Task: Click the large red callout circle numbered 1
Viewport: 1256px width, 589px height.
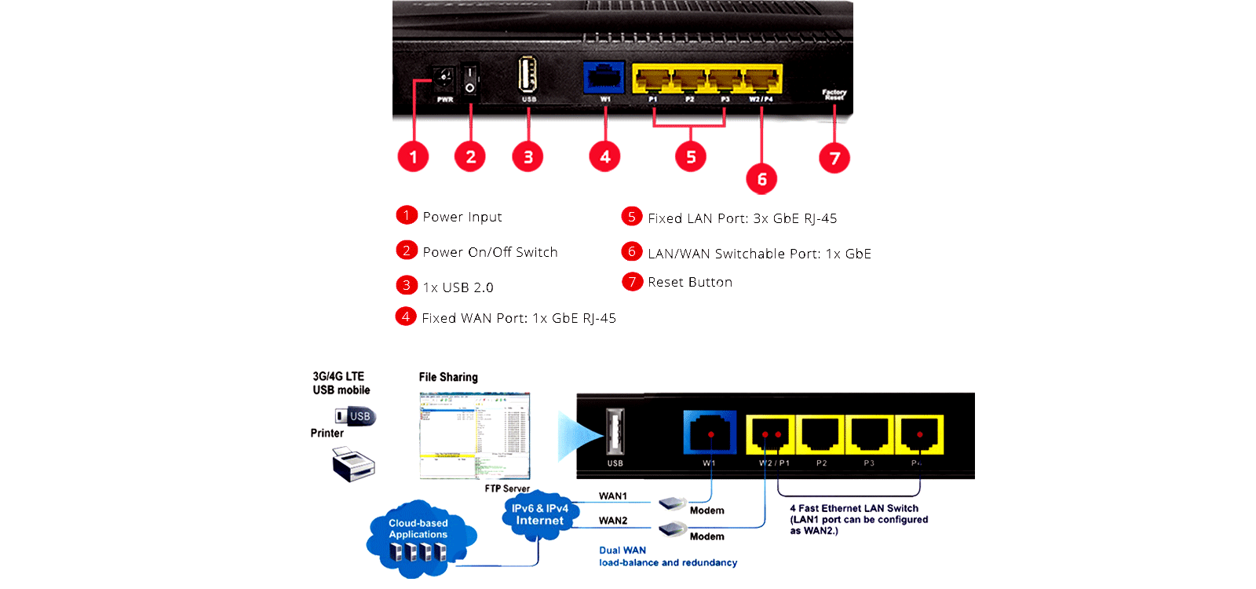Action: [413, 156]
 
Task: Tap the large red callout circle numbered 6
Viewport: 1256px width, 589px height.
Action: [761, 179]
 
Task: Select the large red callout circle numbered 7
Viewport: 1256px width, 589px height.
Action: [834, 158]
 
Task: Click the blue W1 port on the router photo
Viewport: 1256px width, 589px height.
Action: [604, 77]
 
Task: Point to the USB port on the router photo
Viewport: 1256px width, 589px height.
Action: [528, 75]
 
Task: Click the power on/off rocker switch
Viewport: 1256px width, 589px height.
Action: [469, 79]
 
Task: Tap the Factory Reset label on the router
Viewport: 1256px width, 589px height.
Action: [834, 94]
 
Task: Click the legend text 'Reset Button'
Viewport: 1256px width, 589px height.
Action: [690, 282]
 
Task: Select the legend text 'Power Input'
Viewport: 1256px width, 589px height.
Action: [462, 217]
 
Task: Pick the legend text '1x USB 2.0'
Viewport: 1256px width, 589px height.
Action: [458, 287]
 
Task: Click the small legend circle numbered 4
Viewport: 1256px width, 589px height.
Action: [406, 316]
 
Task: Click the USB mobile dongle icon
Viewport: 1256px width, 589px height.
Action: [356, 416]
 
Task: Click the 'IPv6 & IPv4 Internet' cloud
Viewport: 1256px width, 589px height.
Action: [540, 514]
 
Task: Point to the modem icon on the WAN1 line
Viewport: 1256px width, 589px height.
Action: [674, 503]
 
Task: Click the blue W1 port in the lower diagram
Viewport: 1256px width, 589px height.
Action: [710, 433]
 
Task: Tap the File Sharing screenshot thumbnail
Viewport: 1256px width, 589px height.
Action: [475, 436]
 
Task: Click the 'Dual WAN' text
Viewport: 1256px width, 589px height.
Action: [623, 551]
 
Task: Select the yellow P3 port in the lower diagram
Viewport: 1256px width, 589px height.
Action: [869, 434]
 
